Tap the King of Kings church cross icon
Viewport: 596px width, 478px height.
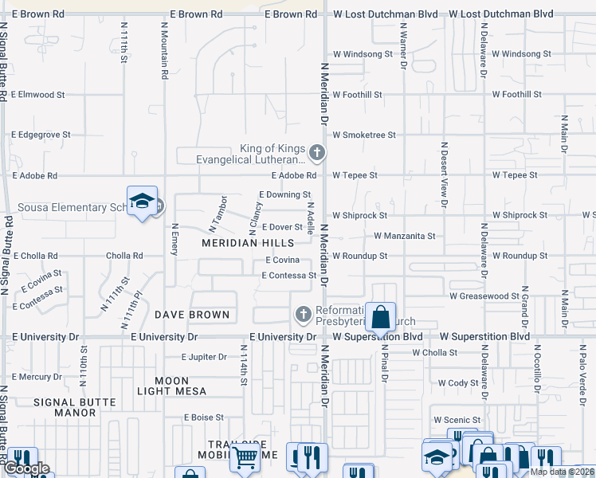(317, 151)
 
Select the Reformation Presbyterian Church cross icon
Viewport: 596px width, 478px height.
(303, 315)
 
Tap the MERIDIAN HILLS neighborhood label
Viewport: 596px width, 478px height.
(248, 242)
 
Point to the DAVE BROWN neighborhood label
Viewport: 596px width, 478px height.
(192, 315)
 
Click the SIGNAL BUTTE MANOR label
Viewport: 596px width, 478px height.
(65, 406)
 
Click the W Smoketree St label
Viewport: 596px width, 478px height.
(364, 135)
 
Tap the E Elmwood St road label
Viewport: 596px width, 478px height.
(39, 94)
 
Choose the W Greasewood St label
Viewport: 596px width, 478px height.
(484, 296)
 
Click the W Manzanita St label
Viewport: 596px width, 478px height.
(405, 236)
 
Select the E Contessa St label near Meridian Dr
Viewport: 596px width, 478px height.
(289, 276)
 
